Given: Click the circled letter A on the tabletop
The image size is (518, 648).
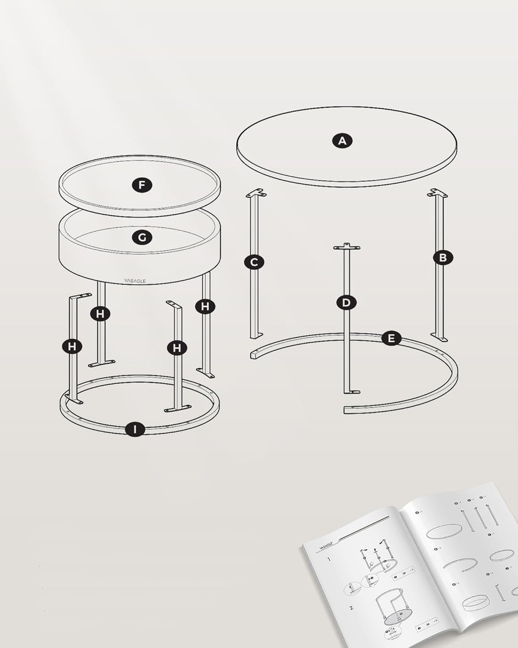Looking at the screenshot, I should [x=342, y=140].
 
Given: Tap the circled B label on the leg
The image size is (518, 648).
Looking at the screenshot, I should [x=443, y=258].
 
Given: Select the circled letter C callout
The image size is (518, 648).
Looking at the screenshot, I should [x=254, y=262].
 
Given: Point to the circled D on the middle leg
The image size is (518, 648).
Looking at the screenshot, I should [x=346, y=303].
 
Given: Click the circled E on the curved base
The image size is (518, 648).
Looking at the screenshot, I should [x=391, y=338].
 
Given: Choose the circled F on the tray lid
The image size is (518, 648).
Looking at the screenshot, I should [x=142, y=186].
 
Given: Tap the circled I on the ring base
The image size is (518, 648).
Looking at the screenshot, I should [x=135, y=429].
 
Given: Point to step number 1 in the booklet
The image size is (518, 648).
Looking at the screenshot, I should [x=328, y=560].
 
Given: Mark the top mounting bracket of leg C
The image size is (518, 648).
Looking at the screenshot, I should [x=257, y=193].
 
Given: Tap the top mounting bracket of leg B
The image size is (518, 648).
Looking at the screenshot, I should [x=439, y=193].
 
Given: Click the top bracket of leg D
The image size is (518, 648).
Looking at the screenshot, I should [x=347, y=247].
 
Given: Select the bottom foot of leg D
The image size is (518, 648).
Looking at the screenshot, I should [x=351, y=391].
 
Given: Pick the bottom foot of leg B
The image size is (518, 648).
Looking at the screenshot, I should [x=439, y=337].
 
